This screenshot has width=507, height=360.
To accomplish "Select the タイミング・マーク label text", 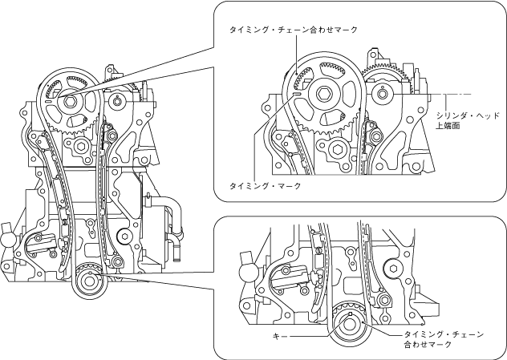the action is [x=265, y=185].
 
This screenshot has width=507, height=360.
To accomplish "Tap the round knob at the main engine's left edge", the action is [x=6, y=237].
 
